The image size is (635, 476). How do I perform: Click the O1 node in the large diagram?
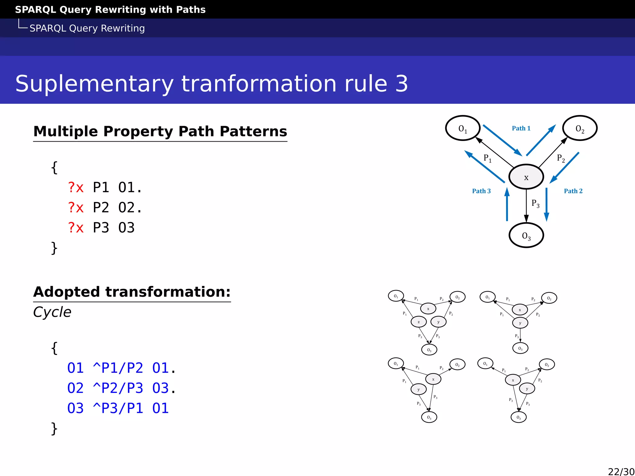pyautogui.click(x=463, y=128)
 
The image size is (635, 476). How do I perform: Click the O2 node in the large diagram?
pyautogui.click(x=579, y=128)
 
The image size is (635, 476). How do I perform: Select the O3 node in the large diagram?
pyautogui.click(x=526, y=236)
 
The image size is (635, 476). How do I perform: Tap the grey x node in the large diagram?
pyautogui.click(x=526, y=177)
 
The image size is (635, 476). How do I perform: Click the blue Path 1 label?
pyautogui.click(x=521, y=128)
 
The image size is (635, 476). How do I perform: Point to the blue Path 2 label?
pyautogui.click(x=573, y=191)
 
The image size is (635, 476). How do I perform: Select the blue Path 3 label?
pyautogui.click(x=481, y=191)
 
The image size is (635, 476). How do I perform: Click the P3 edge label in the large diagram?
pyautogui.click(x=535, y=203)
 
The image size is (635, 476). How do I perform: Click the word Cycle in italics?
pyautogui.click(x=52, y=312)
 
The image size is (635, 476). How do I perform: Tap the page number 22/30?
pyautogui.click(x=621, y=471)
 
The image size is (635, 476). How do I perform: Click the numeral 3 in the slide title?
pyautogui.click(x=402, y=84)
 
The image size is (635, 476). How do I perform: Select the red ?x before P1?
pyautogui.click(x=76, y=187)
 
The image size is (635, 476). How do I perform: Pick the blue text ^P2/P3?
pyautogui.click(x=118, y=388)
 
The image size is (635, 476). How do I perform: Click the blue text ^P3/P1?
pyautogui.click(x=118, y=408)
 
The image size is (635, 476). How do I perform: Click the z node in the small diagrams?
pyautogui.click(x=419, y=322)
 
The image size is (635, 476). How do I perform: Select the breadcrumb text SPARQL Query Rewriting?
pyautogui.click(x=87, y=28)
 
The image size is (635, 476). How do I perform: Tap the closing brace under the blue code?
pyautogui.click(x=54, y=429)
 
